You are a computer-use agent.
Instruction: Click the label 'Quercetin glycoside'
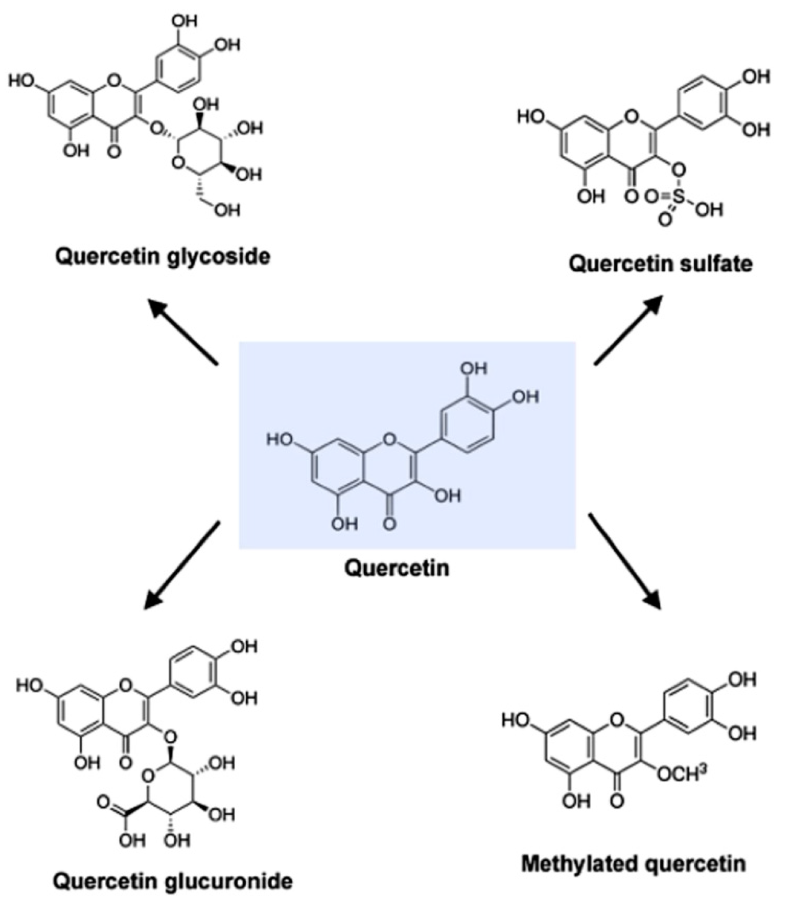click(x=162, y=257)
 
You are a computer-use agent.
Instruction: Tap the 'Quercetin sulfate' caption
click(x=661, y=264)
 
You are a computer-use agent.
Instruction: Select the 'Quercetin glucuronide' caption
click(x=173, y=881)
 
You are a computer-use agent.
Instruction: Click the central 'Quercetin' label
click(x=397, y=568)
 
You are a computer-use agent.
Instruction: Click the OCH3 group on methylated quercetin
click(x=683, y=775)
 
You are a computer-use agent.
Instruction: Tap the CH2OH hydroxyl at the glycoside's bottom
click(x=227, y=210)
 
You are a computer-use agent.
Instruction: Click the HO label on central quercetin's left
click(x=280, y=440)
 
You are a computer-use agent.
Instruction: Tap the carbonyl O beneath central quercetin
click(x=389, y=524)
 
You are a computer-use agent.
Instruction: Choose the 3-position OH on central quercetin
click(x=447, y=496)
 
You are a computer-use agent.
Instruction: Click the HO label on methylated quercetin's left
click(x=516, y=720)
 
